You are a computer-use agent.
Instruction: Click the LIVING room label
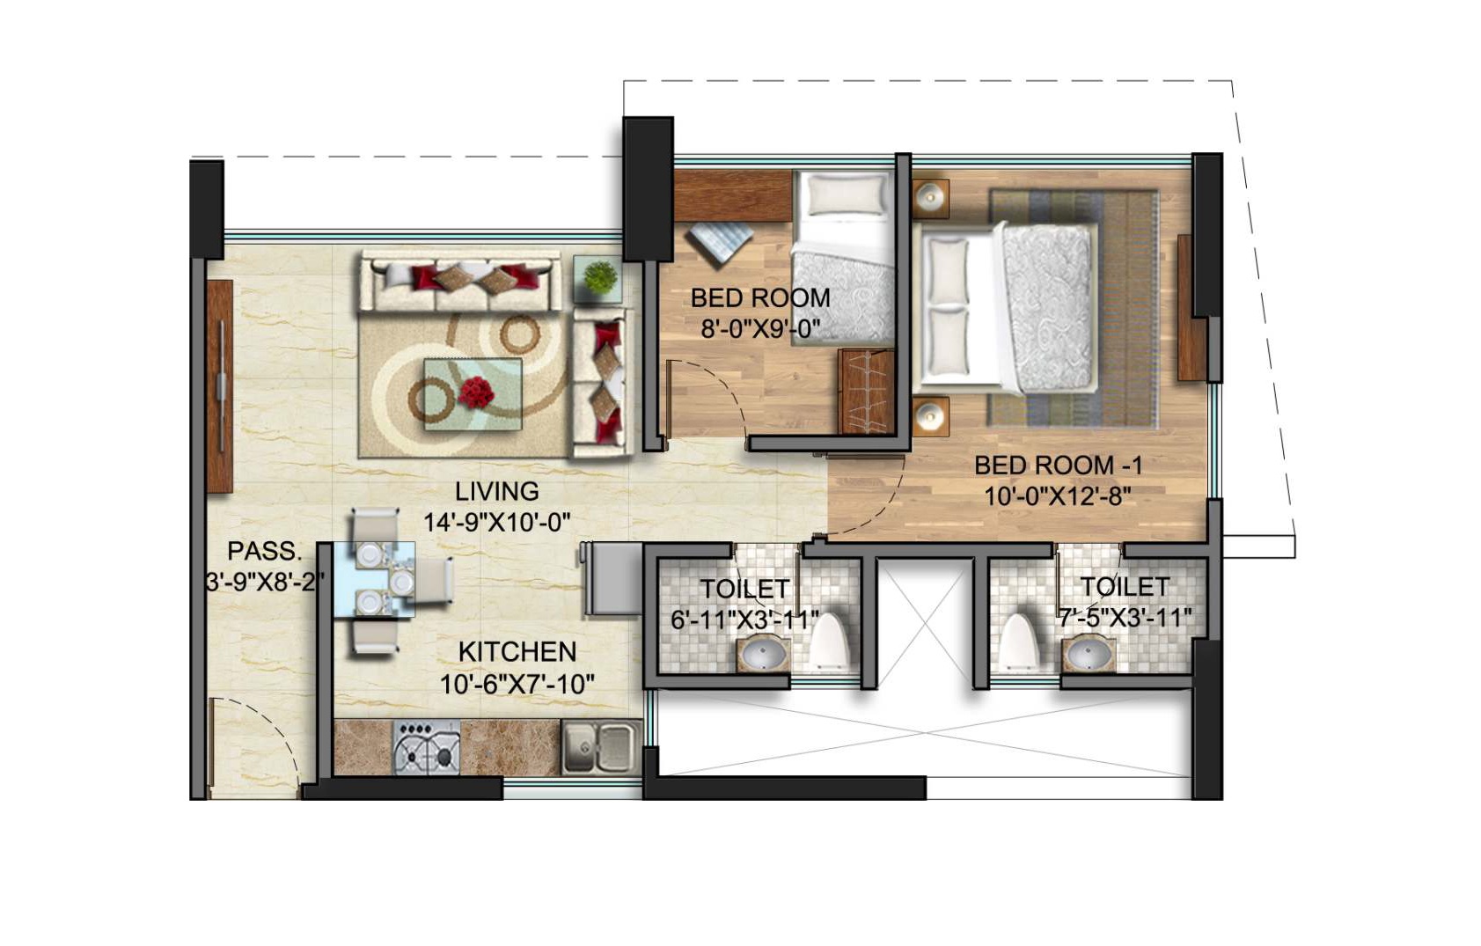pos(496,491)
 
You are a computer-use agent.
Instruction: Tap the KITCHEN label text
pos(517,652)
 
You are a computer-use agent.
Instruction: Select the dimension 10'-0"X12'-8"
pos(1057,496)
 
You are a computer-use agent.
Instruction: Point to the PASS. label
pos(264,552)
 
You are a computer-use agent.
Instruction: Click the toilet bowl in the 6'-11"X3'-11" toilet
pos(827,642)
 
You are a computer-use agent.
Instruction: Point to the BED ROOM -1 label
pos(1057,465)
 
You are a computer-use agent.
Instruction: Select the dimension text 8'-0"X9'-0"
pos(760,329)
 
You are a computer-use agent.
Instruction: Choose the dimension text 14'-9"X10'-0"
pos(496,522)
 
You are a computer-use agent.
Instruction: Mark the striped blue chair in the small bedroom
pos(720,243)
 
